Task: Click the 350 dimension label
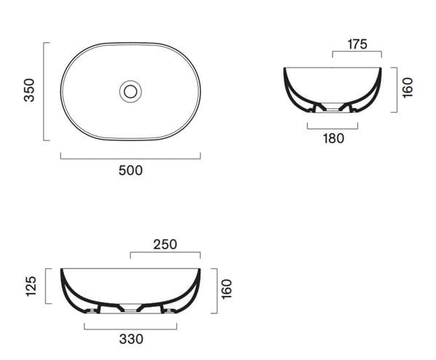(29, 90)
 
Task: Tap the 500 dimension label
(130, 170)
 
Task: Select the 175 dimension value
(357, 44)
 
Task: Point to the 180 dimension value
(333, 138)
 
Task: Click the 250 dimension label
(165, 244)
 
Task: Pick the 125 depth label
(31, 286)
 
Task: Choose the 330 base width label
(131, 339)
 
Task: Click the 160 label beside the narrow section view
(408, 88)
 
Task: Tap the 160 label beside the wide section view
(226, 289)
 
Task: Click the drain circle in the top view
(130, 92)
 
